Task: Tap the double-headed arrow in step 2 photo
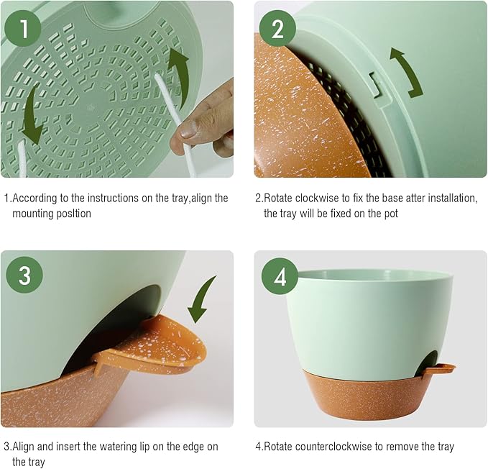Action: click(x=406, y=72)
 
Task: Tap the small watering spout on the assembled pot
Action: click(x=440, y=369)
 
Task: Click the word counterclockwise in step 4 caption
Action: click(x=333, y=447)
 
